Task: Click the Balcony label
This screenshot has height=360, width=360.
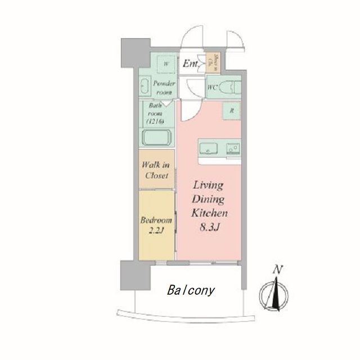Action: (x=191, y=291)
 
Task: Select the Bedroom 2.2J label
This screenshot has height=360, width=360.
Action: (x=156, y=225)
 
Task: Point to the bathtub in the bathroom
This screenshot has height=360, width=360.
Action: (x=157, y=138)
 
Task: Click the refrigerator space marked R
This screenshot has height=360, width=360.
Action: (x=232, y=111)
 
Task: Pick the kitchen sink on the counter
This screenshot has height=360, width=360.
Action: (x=209, y=149)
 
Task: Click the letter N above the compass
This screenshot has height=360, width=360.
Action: (x=276, y=271)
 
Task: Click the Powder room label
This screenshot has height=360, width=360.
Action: (x=164, y=87)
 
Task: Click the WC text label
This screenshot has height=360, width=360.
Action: (x=212, y=87)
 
